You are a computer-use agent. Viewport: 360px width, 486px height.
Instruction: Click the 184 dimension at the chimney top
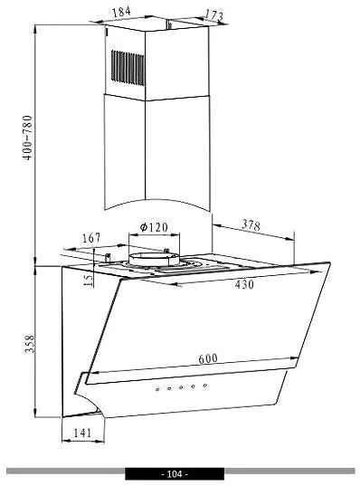click(x=121, y=12)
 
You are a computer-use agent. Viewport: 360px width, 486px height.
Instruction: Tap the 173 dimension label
click(x=214, y=14)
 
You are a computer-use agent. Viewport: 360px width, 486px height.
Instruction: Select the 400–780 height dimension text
click(x=27, y=138)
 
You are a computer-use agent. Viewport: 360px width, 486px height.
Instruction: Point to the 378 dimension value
click(x=251, y=224)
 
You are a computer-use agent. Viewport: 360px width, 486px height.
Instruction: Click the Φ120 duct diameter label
click(x=154, y=227)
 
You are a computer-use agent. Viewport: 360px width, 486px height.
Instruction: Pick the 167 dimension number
click(x=91, y=238)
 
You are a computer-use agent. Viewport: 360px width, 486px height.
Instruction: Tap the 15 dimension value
click(x=89, y=281)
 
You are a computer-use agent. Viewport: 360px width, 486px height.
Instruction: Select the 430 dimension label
click(x=244, y=284)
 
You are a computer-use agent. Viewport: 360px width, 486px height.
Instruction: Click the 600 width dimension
click(x=208, y=358)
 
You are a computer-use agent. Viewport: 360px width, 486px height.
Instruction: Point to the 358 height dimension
click(x=30, y=344)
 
